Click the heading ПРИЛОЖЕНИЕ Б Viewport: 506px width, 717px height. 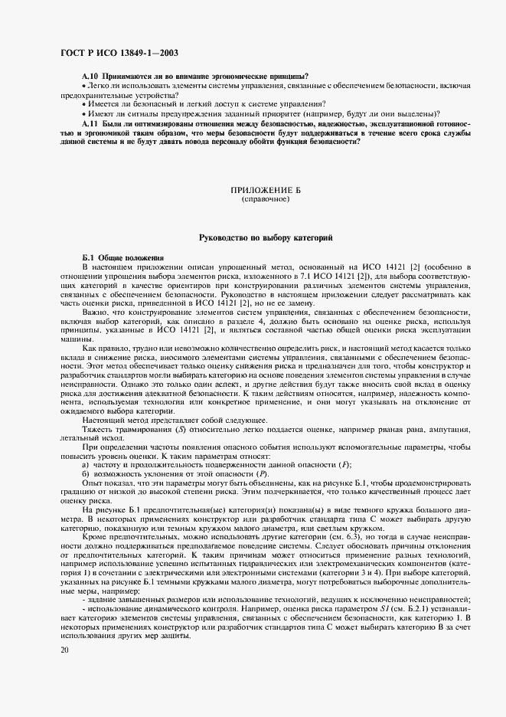pyautogui.click(x=265, y=188)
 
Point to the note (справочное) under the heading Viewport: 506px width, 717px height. pyautogui.click(x=265, y=198)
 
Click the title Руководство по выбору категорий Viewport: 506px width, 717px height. pyautogui.click(x=265, y=239)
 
